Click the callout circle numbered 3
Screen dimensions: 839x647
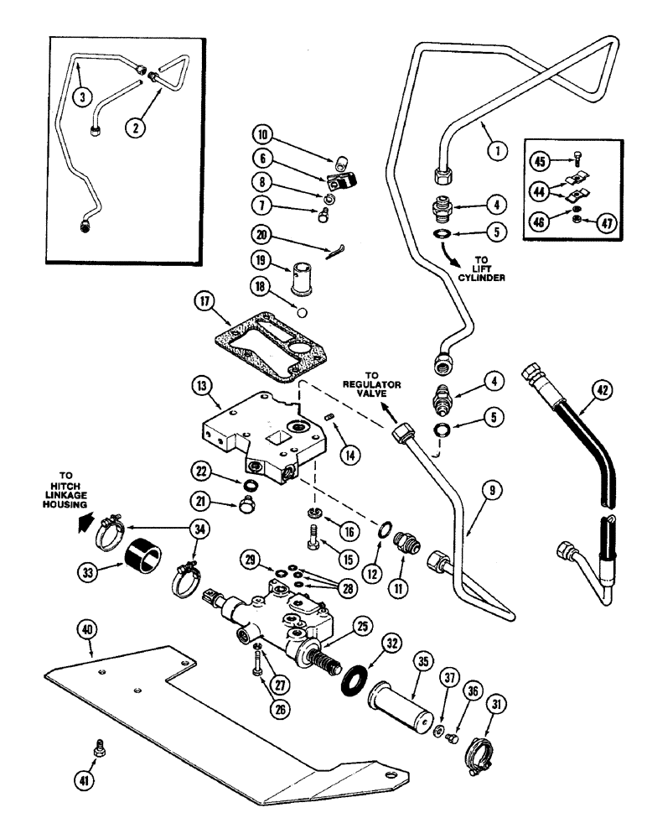80,97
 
